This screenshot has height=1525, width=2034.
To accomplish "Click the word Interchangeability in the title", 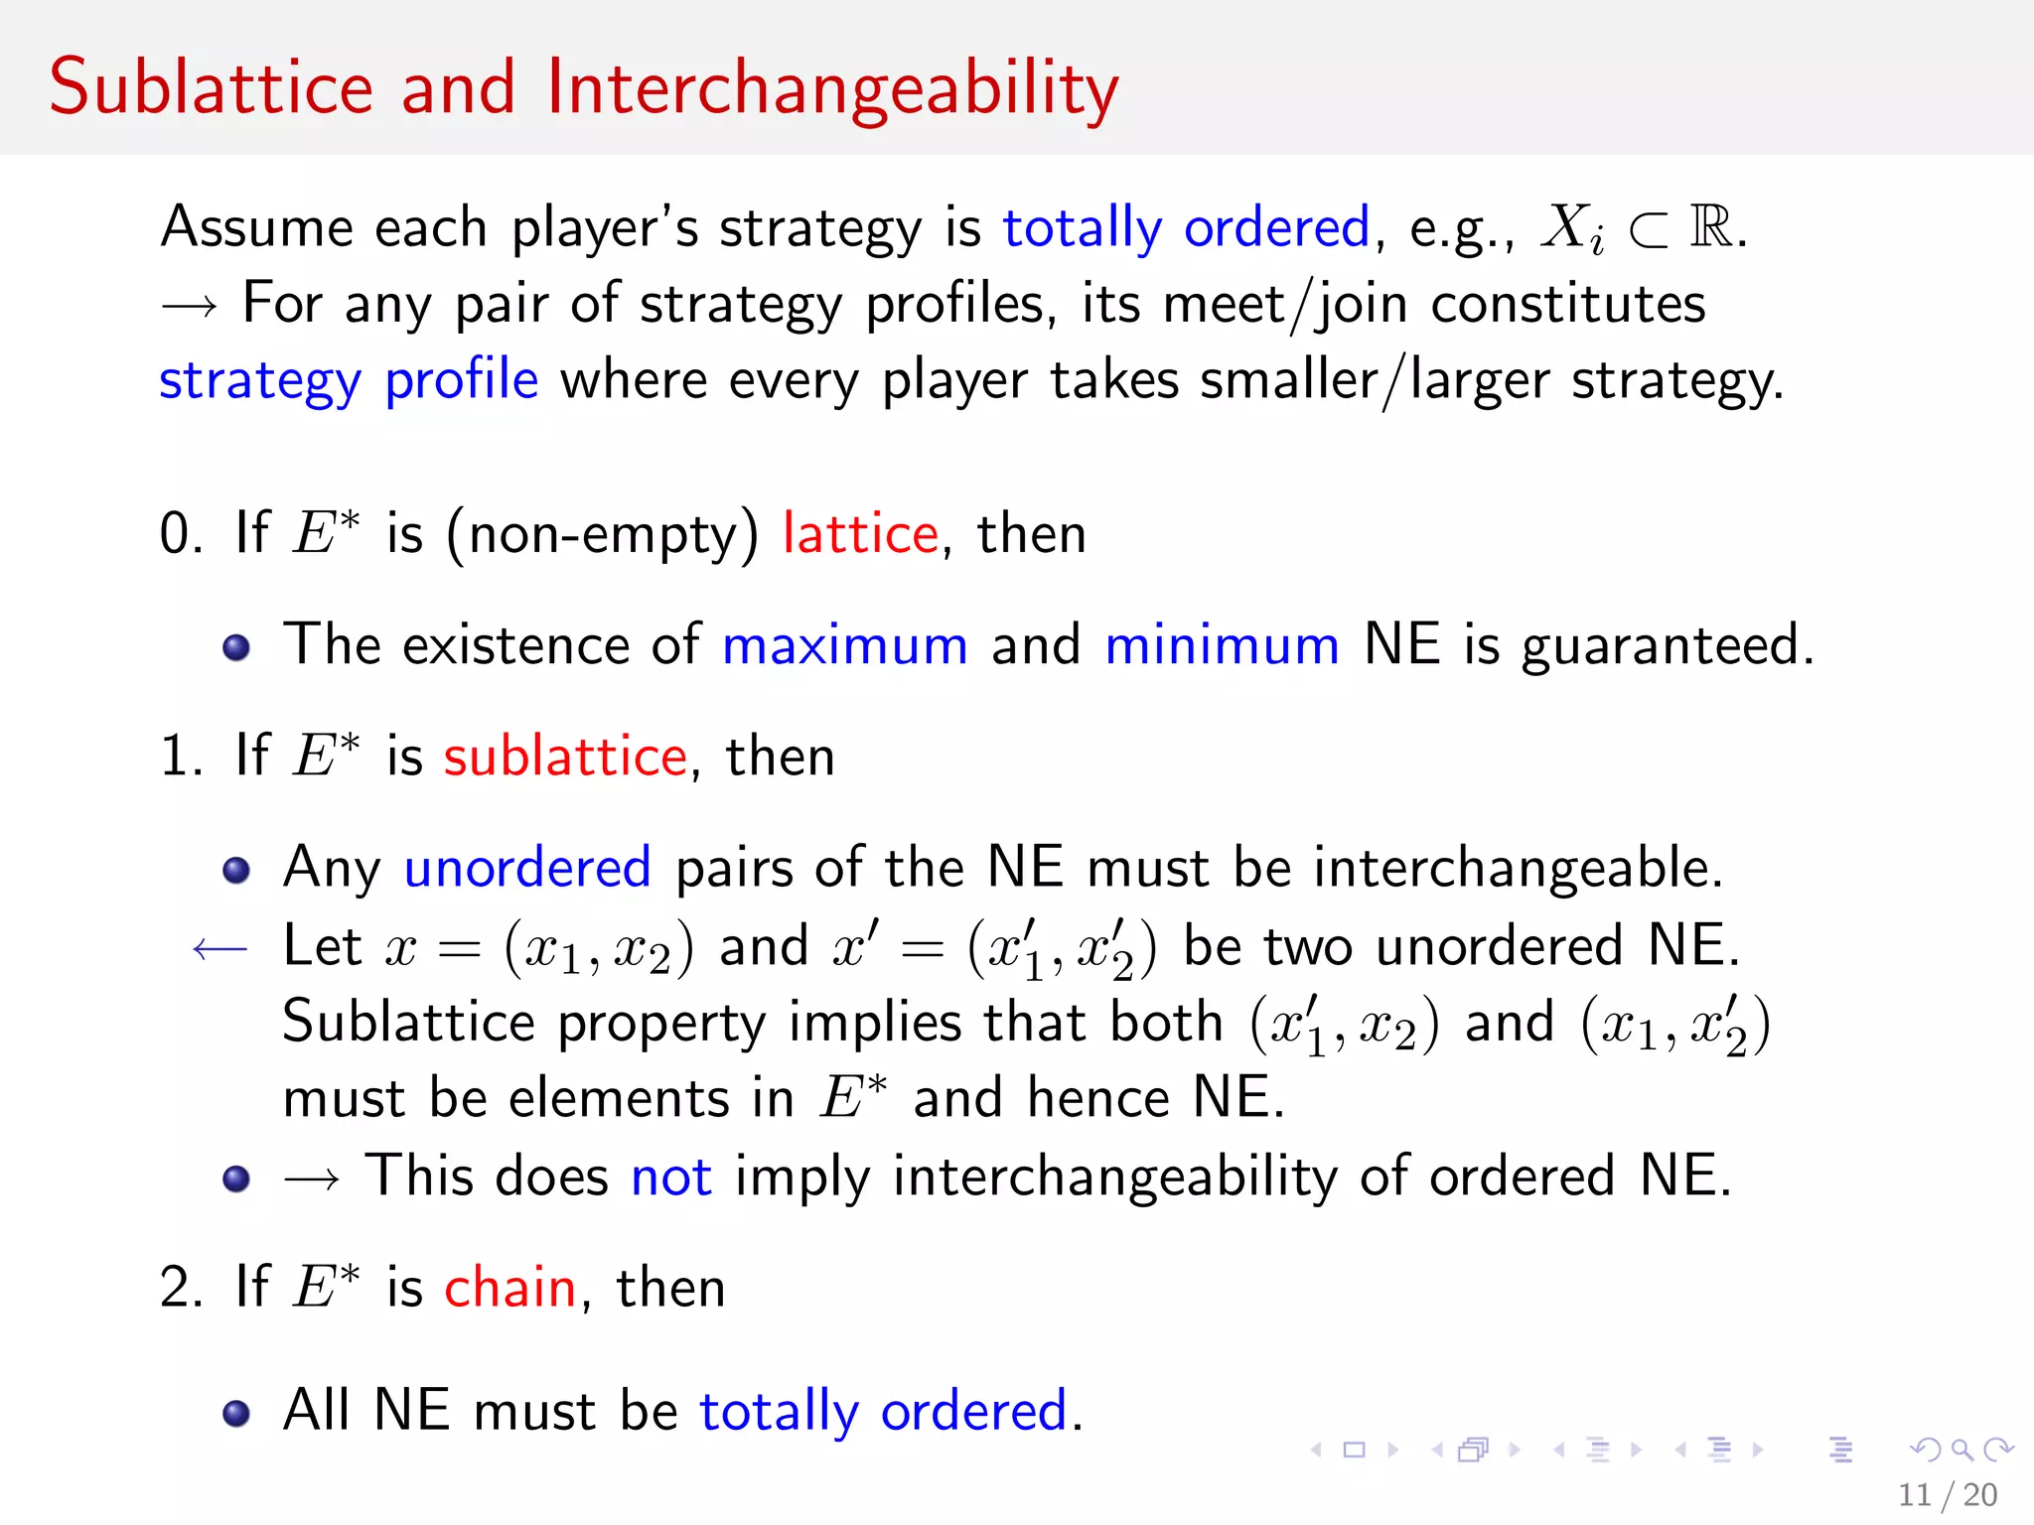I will point(832,87).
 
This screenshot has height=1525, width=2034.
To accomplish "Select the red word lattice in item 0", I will point(860,534).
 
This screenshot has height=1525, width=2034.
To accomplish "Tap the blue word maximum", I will point(844,645).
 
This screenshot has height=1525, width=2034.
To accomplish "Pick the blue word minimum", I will point(1222,645).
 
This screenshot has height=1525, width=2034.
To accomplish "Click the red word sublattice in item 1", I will point(565,757).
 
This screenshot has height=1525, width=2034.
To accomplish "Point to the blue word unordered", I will point(527,868).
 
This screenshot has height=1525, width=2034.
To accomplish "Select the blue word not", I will point(671,1177).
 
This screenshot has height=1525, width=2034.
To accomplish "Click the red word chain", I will point(509,1288).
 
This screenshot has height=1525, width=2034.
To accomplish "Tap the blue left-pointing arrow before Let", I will point(219,949).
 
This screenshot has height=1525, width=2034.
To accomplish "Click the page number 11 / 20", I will point(1947,1494).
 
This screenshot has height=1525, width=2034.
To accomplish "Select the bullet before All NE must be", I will point(236,1413).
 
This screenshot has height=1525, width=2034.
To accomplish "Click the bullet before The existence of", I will point(236,648).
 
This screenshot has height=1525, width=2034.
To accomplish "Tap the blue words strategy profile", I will point(349,380).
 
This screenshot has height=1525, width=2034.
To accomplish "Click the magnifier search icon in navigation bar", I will point(1961,1451).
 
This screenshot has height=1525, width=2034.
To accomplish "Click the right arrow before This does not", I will point(312,1178).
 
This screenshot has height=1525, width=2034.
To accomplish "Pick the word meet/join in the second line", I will point(1285,304).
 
